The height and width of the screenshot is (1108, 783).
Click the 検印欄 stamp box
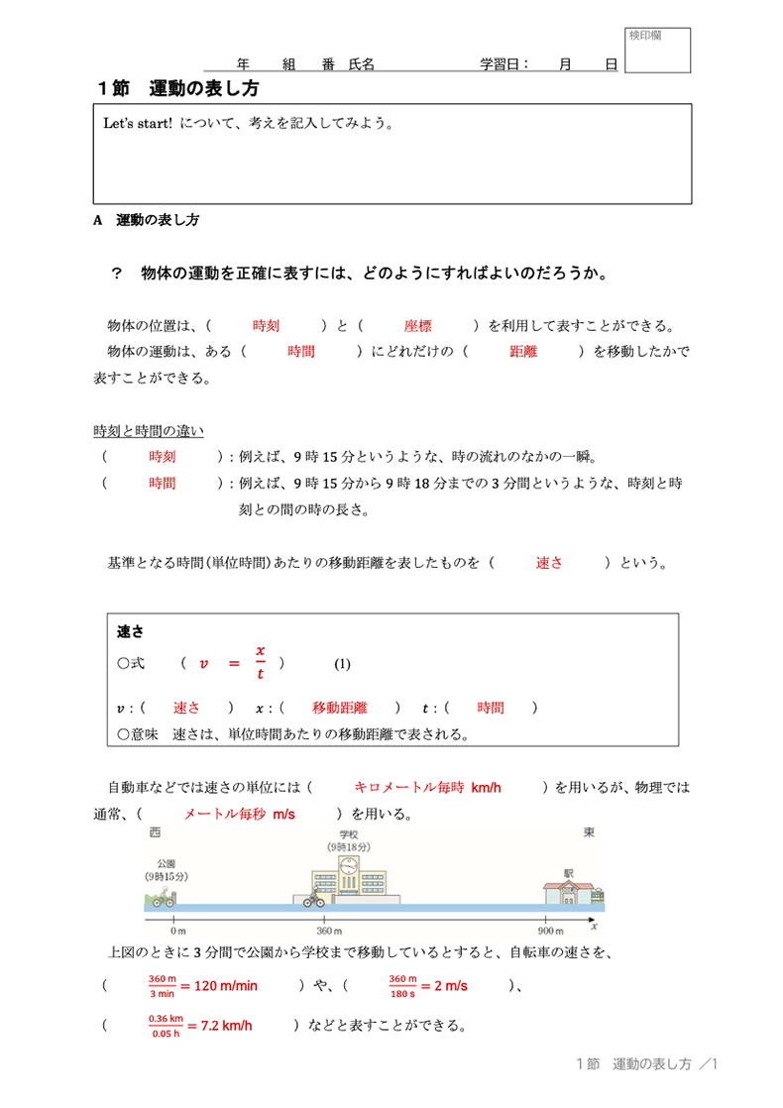click(x=657, y=52)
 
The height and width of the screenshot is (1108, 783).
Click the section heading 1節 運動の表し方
click(x=178, y=88)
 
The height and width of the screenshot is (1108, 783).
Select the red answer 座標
click(x=417, y=325)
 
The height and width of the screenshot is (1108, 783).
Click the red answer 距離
click(x=523, y=351)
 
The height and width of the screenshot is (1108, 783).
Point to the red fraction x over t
click(x=261, y=662)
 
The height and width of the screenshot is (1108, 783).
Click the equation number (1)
click(x=342, y=663)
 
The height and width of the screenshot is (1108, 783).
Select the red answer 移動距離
click(x=340, y=708)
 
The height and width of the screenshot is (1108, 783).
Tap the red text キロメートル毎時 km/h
click(x=427, y=788)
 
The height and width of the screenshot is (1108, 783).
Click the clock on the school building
click(x=348, y=867)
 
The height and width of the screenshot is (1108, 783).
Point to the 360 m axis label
click(x=329, y=932)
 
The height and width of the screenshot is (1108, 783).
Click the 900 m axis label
click(x=551, y=932)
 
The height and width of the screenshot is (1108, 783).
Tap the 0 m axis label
click(x=178, y=932)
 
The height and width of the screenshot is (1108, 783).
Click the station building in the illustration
click(x=569, y=888)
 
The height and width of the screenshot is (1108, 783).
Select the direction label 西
click(x=155, y=832)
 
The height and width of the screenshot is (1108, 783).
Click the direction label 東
click(x=590, y=832)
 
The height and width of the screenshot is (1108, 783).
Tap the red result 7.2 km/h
click(x=225, y=1026)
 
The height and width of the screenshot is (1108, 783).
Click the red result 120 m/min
click(x=225, y=986)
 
